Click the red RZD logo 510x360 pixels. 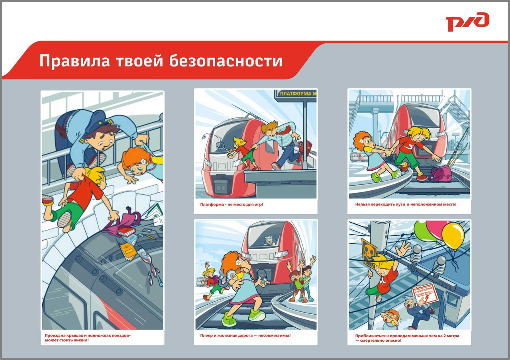coord(467,22)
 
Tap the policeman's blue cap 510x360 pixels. coord(92,122)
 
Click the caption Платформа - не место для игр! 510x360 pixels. coord(231,205)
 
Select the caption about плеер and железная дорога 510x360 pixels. coord(245,335)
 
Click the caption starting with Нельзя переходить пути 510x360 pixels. coord(406,205)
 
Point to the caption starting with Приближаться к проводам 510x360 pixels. coord(407,338)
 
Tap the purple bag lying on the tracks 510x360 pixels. coord(440,174)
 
